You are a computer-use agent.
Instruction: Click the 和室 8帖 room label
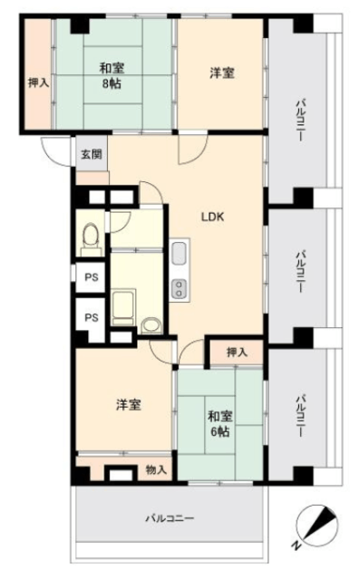112,76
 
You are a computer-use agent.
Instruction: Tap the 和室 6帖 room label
220,423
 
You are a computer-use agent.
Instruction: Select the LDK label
213,217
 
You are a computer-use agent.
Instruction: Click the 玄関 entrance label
92,154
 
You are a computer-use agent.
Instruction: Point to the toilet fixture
92,239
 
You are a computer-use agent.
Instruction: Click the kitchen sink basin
179,254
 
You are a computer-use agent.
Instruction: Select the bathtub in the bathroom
123,308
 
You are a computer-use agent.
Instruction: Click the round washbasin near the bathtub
151,325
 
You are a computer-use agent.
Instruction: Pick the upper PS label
92,277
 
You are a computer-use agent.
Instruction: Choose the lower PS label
92,317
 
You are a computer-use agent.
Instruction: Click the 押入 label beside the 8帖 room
38,82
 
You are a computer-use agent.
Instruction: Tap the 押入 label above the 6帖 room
237,353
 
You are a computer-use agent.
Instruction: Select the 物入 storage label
156,469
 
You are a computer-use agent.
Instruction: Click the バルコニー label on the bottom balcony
170,517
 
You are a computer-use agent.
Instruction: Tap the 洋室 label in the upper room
222,72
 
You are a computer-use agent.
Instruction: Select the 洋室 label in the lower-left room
129,405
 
